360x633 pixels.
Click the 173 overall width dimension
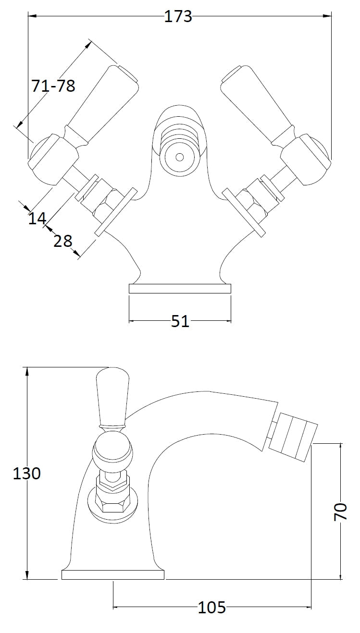pyautogui.click(x=178, y=16)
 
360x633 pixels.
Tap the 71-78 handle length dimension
pyautogui.click(x=53, y=85)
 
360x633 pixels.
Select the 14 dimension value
pyautogui.click(x=37, y=218)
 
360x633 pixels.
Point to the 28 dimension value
pyautogui.click(x=63, y=241)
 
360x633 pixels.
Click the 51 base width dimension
pyautogui.click(x=180, y=321)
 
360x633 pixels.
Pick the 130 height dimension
pyautogui.click(x=27, y=473)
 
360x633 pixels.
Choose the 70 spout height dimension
pyautogui.click(x=340, y=512)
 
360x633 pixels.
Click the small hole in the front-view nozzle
pyautogui.click(x=180, y=157)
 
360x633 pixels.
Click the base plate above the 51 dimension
pyautogui.click(x=180, y=289)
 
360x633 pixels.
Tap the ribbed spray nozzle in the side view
pyautogui.click(x=293, y=438)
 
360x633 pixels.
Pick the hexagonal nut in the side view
pyautogui.click(x=113, y=506)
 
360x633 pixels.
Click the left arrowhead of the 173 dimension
pyautogui.click(x=32, y=16)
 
